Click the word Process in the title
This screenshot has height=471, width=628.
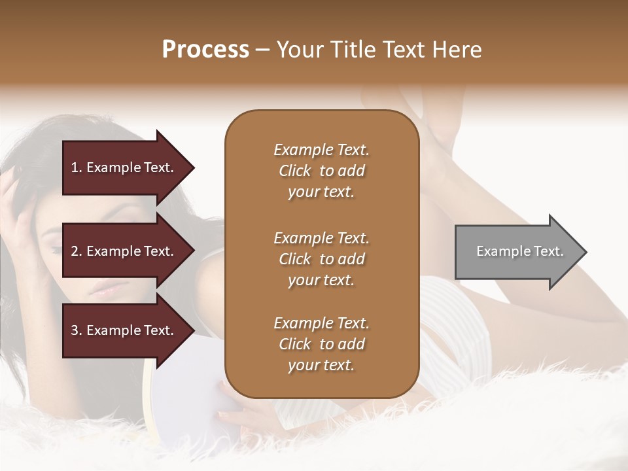point(205,50)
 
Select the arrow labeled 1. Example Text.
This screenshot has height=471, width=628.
point(124,167)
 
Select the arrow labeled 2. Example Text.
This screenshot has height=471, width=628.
point(124,251)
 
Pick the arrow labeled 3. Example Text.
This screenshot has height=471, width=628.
point(124,330)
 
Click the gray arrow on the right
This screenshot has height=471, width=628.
point(517,252)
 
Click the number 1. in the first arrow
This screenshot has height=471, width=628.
point(77,167)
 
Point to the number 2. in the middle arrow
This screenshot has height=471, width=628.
point(77,251)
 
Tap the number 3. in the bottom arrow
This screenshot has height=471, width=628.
point(77,330)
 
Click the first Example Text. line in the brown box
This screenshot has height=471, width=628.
point(321,150)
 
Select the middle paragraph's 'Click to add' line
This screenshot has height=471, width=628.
point(321,259)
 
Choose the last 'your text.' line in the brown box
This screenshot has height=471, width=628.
point(321,365)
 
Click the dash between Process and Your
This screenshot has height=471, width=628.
point(262,50)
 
